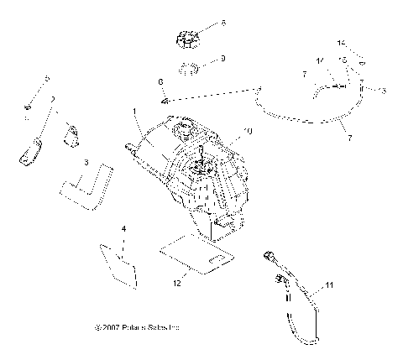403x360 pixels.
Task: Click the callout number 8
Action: pos(223,23)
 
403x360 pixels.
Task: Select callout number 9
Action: pos(223,59)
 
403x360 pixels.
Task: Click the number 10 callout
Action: pos(248,132)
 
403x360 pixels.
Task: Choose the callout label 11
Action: pos(329,286)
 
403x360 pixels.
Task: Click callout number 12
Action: pos(177,284)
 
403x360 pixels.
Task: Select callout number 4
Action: pos(123,228)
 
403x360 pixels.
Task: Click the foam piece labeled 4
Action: pos(118,263)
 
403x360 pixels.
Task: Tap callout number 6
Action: pos(160,81)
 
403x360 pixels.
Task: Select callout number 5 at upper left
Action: pos(47,79)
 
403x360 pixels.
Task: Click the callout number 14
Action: pos(341,42)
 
